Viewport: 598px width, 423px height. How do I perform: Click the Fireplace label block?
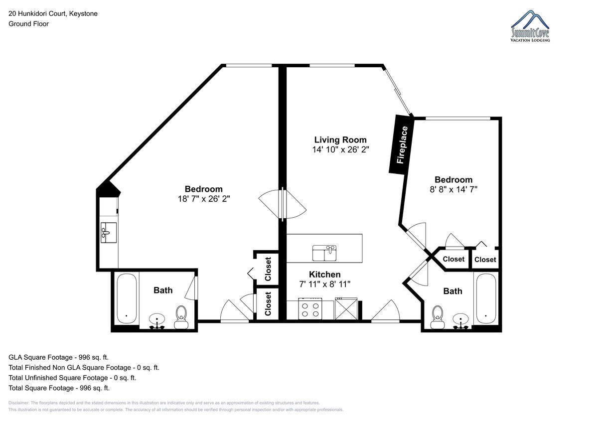coord(401,144)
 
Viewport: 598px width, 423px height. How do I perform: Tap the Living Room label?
coord(340,140)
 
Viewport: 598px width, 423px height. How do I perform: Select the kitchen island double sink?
coord(324,253)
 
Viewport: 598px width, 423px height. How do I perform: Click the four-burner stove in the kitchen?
coord(310,308)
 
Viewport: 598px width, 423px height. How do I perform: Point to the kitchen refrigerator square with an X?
coord(346,308)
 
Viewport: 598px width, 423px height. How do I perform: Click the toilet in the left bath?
coord(181,317)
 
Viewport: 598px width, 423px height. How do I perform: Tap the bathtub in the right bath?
coord(486,298)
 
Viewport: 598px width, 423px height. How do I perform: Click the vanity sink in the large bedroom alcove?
coord(109,233)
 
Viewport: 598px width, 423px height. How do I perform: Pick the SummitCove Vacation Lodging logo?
coord(530,26)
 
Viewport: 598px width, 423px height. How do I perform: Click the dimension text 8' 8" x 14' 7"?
coord(453,189)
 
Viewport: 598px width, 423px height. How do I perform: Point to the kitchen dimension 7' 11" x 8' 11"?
coord(324,284)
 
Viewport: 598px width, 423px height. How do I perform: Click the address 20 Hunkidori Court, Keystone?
coord(53,13)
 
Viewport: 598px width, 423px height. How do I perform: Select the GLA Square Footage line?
coord(58,357)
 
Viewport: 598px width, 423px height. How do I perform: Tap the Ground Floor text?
coord(28,24)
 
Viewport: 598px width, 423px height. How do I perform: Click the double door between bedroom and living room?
coord(283,204)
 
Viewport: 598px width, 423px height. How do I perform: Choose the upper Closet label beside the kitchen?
coord(268,269)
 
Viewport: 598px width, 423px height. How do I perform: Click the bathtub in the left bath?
coord(127,298)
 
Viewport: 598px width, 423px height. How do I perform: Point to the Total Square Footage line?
coord(59,388)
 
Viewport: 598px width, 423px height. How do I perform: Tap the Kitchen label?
coord(324,275)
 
